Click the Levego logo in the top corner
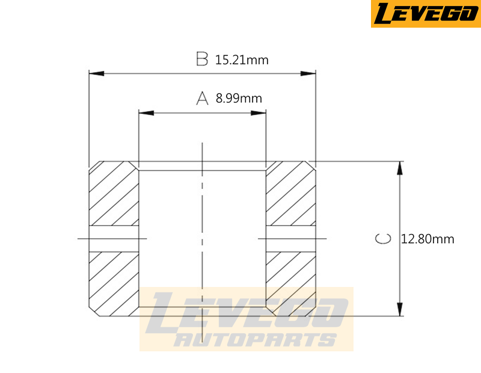pyautogui.click(x=425, y=14)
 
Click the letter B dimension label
pyautogui.click(x=202, y=59)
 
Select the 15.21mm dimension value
pyautogui.click(x=241, y=60)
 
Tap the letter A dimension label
pyautogui.click(x=202, y=98)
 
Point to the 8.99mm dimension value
pyautogui.click(x=239, y=99)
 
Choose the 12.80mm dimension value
pyautogui.click(x=427, y=239)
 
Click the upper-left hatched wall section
pyautogui.click(x=114, y=194)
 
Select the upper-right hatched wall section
pyautogui.click(x=291, y=194)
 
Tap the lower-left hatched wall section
pyautogui.click(x=114, y=280)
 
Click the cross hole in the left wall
pyautogui.click(x=114, y=239)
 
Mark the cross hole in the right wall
pyautogui.click(x=291, y=239)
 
